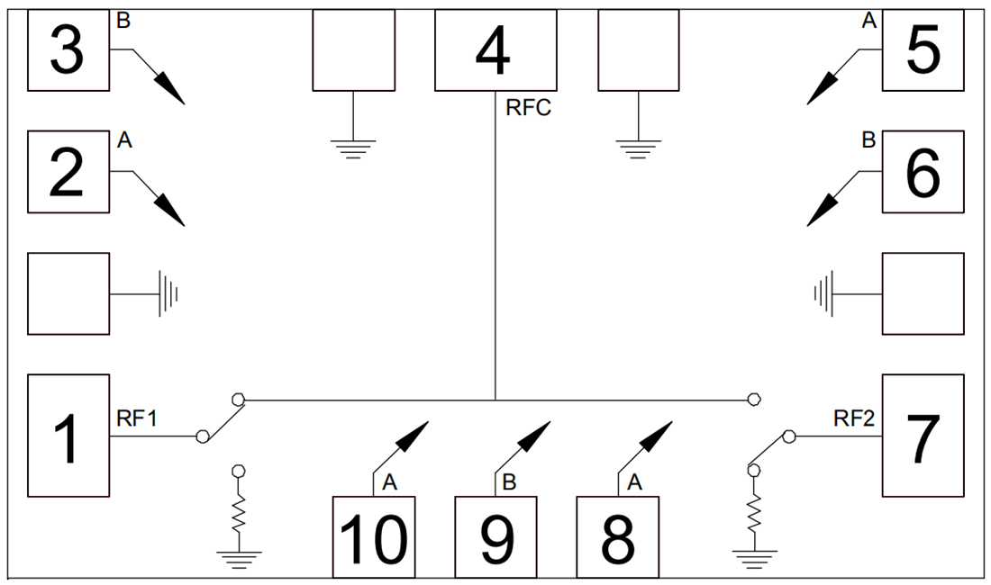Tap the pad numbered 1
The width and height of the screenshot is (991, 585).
[68, 436]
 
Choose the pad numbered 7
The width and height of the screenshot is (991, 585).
[923, 436]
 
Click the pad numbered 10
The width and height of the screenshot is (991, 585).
[374, 537]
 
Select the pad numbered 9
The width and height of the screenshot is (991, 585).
[495, 537]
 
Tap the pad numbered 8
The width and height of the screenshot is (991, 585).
[617, 537]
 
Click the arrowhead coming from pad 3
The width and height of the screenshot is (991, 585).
[171, 90]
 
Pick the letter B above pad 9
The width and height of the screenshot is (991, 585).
[509, 483]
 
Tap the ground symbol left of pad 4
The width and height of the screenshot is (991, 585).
[353, 148]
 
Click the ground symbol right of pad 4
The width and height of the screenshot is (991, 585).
[638, 148]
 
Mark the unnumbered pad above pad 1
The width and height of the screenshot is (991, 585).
[68, 293]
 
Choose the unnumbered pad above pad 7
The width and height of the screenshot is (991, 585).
[923, 293]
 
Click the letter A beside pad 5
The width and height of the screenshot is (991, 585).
[869, 21]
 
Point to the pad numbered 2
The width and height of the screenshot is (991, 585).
[68, 172]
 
